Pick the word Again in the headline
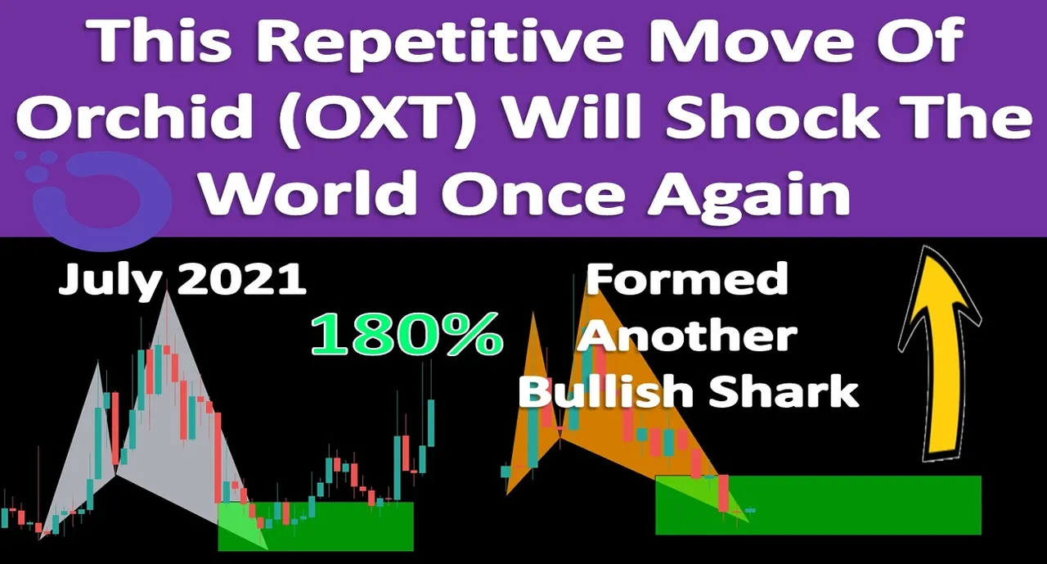click(x=748, y=193)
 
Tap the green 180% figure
click(x=407, y=334)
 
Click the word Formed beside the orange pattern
click(x=687, y=279)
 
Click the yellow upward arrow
click(x=940, y=355)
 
